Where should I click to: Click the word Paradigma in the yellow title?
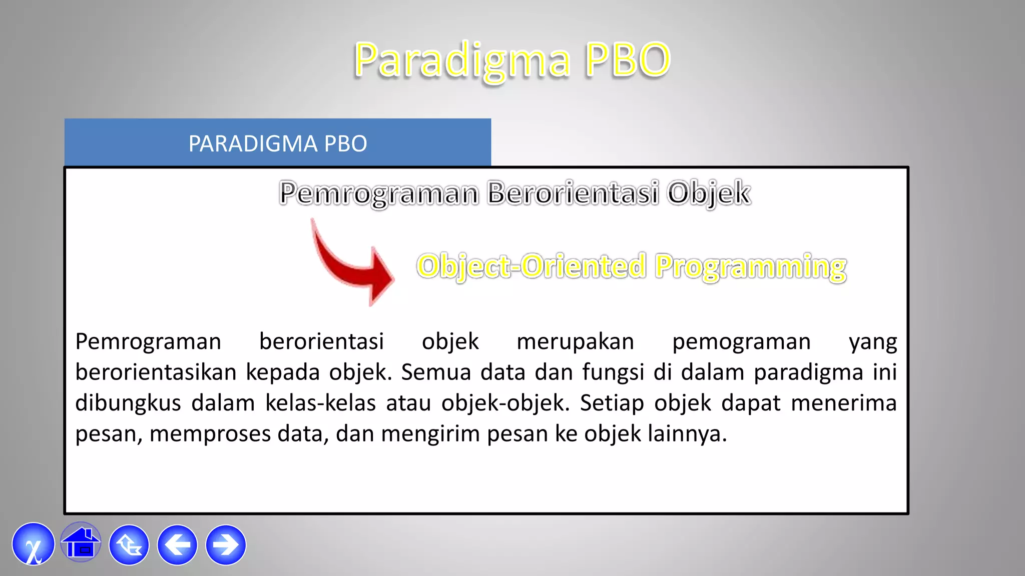461,60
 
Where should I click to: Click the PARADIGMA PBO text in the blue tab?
277,144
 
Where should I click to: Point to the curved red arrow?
350,265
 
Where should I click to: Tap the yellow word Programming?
751,266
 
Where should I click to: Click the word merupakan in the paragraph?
575,342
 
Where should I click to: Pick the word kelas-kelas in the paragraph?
320,403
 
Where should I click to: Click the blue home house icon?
81,544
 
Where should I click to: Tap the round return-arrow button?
129,545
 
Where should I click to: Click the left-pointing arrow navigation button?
177,545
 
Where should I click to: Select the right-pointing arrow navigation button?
226,545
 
